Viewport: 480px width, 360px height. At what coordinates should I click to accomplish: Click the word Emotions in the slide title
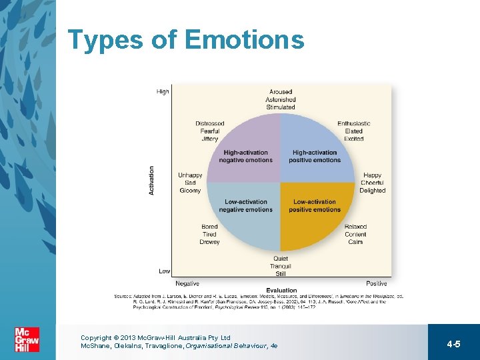pyautogui.click(x=243, y=40)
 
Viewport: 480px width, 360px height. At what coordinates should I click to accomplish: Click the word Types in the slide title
pyautogui.click(x=105, y=40)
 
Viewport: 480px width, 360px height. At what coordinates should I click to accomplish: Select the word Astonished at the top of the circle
pyautogui.click(x=281, y=99)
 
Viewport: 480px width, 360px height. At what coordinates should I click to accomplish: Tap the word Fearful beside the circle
pyautogui.click(x=209, y=131)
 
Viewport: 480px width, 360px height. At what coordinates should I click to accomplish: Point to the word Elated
pyautogui.click(x=354, y=131)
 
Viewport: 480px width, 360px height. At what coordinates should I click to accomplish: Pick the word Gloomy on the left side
pyautogui.click(x=190, y=191)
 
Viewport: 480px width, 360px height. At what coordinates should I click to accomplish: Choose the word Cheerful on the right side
pyautogui.click(x=372, y=183)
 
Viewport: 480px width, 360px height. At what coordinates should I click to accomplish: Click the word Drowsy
pyautogui.click(x=209, y=242)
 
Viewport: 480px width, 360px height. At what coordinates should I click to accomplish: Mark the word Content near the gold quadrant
pyautogui.click(x=355, y=234)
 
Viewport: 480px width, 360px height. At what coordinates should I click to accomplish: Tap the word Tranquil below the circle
pyautogui.click(x=281, y=267)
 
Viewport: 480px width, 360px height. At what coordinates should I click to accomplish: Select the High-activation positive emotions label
pyautogui.click(x=315, y=156)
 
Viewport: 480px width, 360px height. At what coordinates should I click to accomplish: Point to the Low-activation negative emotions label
pyautogui.click(x=246, y=205)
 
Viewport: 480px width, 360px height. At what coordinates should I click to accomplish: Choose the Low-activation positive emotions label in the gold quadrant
pyautogui.click(x=315, y=205)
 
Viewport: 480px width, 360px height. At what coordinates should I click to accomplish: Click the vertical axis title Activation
pyautogui.click(x=151, y=180)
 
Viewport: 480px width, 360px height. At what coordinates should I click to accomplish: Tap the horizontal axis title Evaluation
pyautogui.click(x=281, y=290)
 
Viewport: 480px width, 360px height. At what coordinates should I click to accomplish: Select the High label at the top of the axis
pyautogui.click(x=163, y=92)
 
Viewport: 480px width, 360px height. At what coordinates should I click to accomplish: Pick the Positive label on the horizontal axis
pyautogui.click(x=377, y=283)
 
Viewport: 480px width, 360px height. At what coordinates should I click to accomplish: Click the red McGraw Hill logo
pyautogui.click(x=27, y=339)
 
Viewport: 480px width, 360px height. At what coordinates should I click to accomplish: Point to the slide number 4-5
pyautogui.click(x=453, y=344)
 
